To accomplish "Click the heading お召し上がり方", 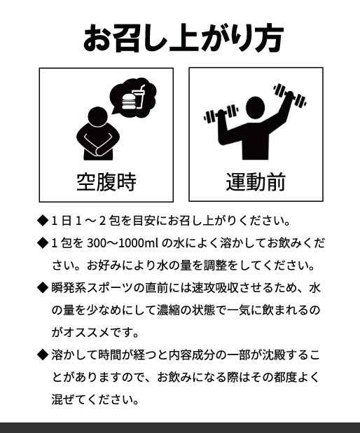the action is coord(184,38).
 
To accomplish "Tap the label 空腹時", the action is coord(106,182).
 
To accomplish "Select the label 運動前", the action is coord(256,181).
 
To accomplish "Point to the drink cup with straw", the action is coord(139,96).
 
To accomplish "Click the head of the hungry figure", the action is coord(97,117).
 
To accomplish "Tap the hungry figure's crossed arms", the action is coord(98,144).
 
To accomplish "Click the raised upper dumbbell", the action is coord(289,95).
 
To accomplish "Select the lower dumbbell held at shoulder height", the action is coord(221,114).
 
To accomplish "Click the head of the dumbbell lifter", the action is coord(256,108).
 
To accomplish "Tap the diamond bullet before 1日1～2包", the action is coord(43,221).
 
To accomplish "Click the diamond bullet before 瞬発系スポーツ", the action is coord(43,287).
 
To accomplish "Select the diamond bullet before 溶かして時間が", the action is coord(43,355).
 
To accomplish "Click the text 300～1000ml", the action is coord(123,243).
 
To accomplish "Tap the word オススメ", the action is coord(88,332).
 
